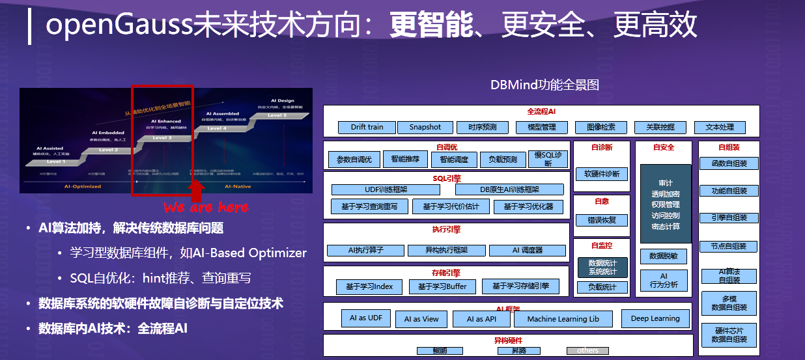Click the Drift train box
[x=367, y=127]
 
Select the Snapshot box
[x=425, y=127]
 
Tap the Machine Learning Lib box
[x=563, y=319]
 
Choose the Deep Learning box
[x=655, y=318]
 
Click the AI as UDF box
[x=366, y=318]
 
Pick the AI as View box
[x=421, y=319]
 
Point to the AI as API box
[x=481, y=319]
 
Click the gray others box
[x=587, y=350]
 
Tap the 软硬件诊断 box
[x=602, y=174]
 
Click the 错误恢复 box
[x=602, y=220]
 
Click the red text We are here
[x=206, y=207]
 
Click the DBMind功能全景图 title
[x=544, y=85]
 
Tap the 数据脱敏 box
[x=664, y=256]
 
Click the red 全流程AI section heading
[x=541, y=111]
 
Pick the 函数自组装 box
[x=729, y=163]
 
